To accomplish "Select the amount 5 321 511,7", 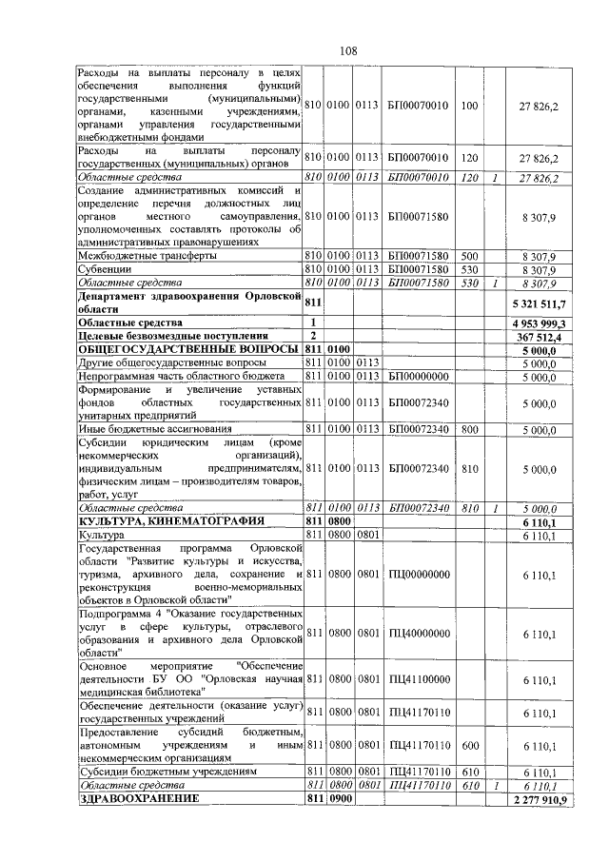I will click(x=539, y=303).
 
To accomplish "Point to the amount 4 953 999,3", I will click(x=539, y=323).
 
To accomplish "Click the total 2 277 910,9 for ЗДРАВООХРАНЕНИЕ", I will click(x=538, y=799).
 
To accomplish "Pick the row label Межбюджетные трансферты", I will click(x=141, y=255).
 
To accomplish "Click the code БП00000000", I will click(x=418, y=377).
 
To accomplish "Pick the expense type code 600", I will click(x=468, y=746).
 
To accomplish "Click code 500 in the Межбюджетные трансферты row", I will click(x=468, y=255).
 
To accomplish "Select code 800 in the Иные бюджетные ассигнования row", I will click(x=468, y=430).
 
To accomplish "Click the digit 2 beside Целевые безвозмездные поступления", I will click(x=312, y=337).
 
